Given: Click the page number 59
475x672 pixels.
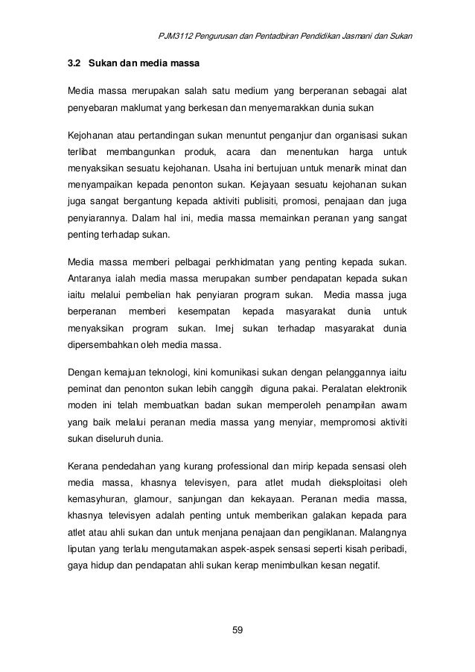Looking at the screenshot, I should [x=238, y=632].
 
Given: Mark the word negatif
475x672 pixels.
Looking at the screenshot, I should [x=360, y=565].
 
